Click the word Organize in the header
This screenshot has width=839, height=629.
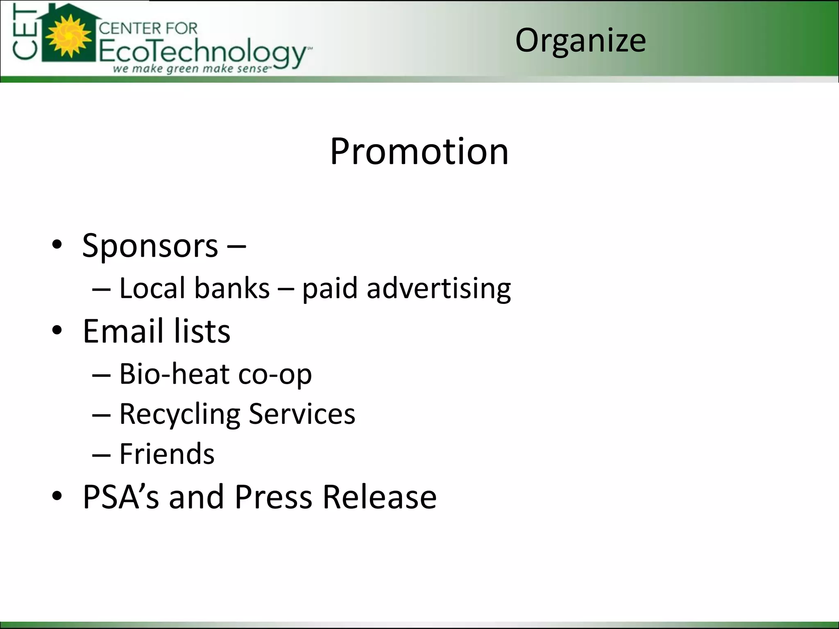tap(580, 41)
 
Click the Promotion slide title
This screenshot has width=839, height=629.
tap(419, 152)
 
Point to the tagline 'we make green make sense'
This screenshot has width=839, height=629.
tap(191, 68)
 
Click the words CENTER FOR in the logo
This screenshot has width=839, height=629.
tap(148, 28)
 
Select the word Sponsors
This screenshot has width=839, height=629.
tap(150, 246)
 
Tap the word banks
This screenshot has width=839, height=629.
tap(232, 288)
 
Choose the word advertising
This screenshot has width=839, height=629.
tap(439, 288)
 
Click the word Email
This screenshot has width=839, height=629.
tap(122, 331)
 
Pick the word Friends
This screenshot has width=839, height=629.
tap(167, 454)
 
